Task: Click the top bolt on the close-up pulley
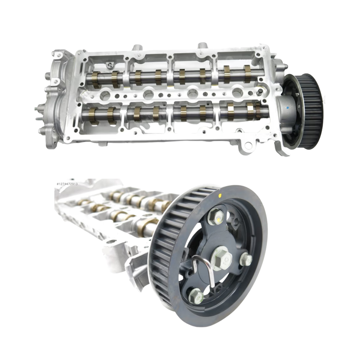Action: (217, 216)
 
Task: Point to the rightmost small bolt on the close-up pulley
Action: (246, 259)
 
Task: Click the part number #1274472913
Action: (67, 184)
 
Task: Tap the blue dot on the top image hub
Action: (288, 107)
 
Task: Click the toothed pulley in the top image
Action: (308, 108)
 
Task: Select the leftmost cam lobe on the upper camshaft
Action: (95, 79)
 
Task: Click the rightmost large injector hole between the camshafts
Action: (237, 93)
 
